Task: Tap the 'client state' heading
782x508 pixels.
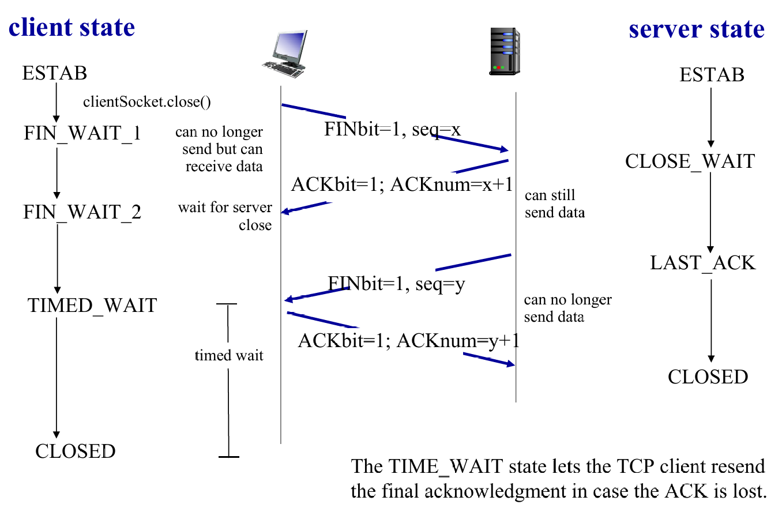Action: (72, 27)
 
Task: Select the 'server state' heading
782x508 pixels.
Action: (697, 29)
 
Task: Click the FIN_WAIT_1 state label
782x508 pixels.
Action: (82, 133)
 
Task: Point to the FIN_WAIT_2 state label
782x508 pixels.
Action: (82, 212)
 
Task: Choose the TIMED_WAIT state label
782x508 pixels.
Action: (92, 306)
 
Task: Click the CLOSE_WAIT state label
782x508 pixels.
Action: (690, 161)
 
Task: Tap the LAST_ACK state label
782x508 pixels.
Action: (702, 263)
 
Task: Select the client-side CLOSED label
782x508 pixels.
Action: (76, 451)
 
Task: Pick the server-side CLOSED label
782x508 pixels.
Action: (708, 377)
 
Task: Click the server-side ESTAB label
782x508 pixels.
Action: (712, 75)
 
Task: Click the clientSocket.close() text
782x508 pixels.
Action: (147, 103)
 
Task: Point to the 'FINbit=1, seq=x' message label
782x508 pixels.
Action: (392, 130)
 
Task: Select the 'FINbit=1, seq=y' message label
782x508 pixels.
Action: (396, 284)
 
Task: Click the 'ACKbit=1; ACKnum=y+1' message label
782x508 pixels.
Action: (408, 341)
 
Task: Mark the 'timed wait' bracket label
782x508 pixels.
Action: (229, 355)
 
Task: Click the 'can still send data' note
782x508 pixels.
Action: (554, 204)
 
